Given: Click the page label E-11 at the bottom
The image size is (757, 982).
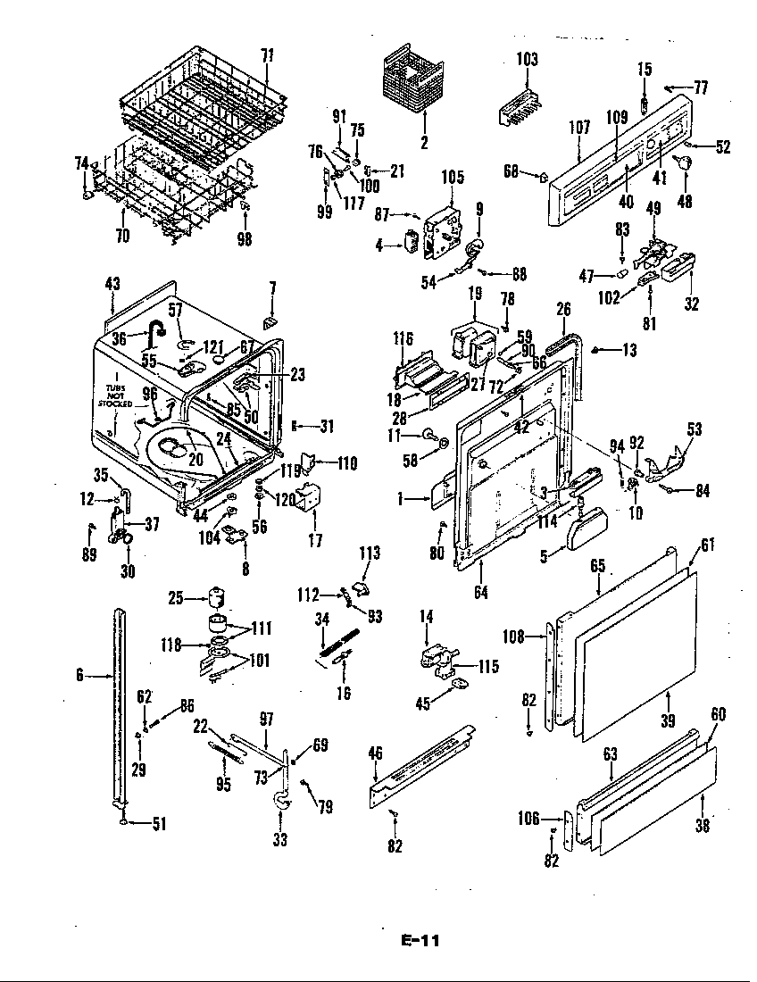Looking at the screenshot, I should tap(420, 940).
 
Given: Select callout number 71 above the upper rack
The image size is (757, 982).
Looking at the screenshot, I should tap(267, 55).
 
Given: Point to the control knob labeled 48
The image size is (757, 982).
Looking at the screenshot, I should tap(686, 161).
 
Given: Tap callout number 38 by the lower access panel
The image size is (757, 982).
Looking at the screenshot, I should tap(703, 827).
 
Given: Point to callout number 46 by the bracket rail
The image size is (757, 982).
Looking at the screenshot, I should tap(376, 754).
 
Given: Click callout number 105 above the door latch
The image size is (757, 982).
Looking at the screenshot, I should tap(453, 178).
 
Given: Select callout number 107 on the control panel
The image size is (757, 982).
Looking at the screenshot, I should tap(579, 128).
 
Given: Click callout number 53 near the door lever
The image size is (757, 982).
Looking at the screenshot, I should tap(695, 430).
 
